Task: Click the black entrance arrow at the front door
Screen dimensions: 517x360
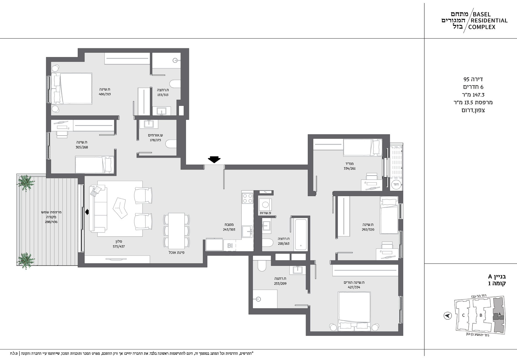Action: [x=214, y=160]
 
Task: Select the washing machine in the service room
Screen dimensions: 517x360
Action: [x=265, y=205]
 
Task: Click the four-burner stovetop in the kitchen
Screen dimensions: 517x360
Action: [x=247, y=198]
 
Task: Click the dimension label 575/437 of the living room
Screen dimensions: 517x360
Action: [x=119, y=247]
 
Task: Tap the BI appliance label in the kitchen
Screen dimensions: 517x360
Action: [x=230, y=245]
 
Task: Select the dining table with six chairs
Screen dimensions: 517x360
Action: [x=177, y=231]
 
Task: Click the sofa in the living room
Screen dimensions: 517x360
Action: [x=98, y=208]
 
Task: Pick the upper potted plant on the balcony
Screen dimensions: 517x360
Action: [x=26, y=183]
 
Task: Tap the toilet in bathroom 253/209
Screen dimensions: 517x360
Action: [x=261, y=266]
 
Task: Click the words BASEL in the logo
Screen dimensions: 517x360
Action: [x=482, y=14]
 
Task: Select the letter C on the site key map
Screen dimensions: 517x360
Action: [x=463, y=315]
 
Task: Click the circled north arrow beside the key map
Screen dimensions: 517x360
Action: [x=447, y=316]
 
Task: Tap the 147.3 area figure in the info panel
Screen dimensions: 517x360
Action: [x=478, y=95]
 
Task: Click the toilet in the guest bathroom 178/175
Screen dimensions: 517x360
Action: [x=171, y=144]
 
